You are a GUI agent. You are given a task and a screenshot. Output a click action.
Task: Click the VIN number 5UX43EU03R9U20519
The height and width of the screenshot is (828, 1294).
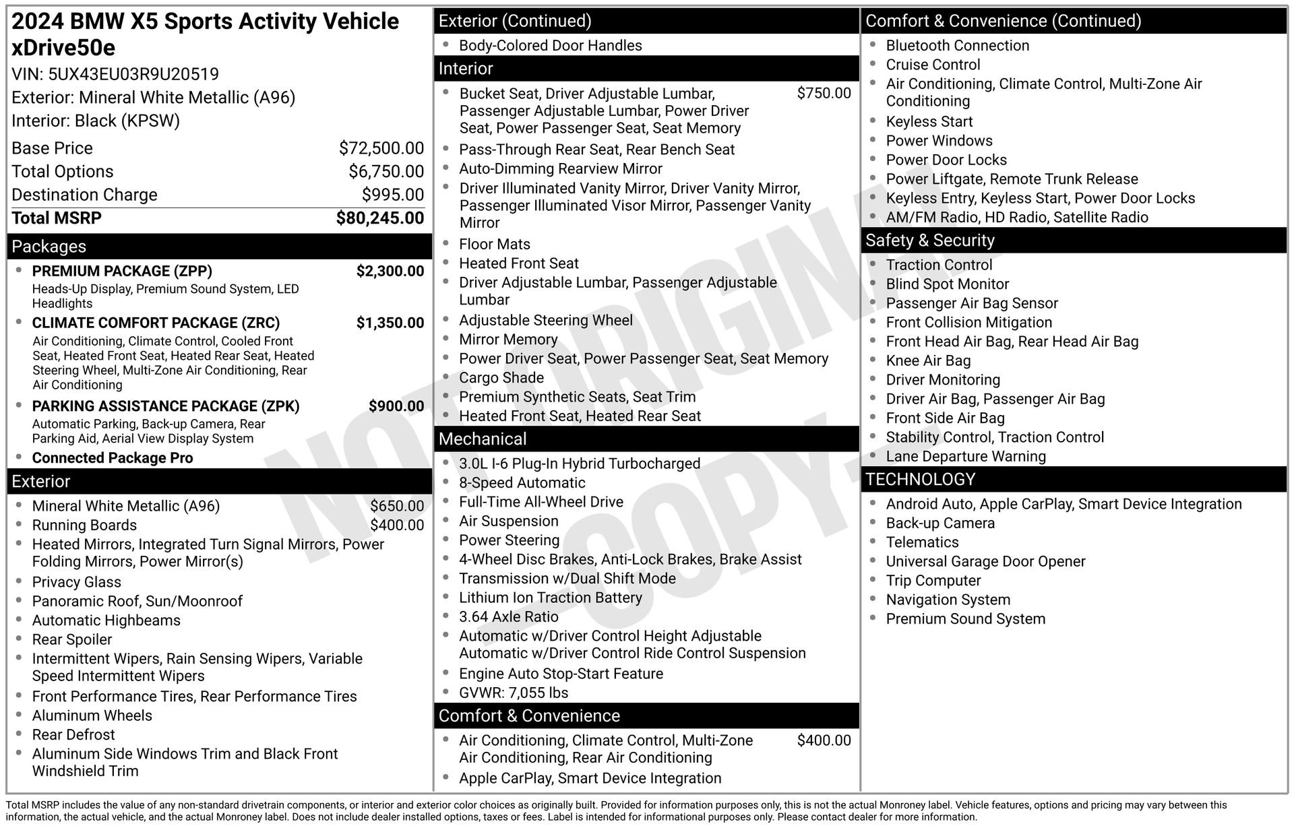(133, 74)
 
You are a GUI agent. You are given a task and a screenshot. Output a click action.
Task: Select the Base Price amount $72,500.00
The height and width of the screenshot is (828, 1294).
(381, 148)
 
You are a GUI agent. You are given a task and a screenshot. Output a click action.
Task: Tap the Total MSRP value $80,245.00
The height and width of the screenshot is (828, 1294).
(380, 218)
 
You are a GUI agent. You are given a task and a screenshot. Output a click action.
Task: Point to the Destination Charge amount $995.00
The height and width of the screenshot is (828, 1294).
(393, 195)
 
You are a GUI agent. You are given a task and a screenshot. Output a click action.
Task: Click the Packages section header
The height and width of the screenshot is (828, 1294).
(49, 247)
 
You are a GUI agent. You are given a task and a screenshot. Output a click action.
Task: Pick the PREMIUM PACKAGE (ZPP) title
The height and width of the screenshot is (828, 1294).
(122, 272)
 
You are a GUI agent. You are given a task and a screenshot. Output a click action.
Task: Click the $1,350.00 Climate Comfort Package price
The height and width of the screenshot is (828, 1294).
(390, 323)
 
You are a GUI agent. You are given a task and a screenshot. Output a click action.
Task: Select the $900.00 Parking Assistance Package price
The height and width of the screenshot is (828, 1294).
(396, 406)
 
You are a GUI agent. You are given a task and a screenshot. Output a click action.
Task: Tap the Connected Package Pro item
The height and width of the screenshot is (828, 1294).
(113, 458)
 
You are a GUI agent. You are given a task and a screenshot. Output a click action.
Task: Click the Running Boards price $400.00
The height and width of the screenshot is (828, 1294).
(397, 526)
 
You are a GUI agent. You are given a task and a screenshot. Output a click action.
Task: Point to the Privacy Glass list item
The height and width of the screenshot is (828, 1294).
(77, 582)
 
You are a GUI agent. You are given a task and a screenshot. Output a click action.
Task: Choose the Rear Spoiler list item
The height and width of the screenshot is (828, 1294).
(72, 639)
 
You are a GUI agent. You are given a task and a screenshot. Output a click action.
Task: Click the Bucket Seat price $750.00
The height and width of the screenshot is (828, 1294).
(824, 94)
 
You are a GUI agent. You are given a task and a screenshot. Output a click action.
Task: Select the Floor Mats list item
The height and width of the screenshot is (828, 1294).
(495, 245)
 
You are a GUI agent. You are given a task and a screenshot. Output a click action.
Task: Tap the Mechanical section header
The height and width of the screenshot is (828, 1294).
(483, 439)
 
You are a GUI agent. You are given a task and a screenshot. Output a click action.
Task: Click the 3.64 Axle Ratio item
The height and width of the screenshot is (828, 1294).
(509, 617)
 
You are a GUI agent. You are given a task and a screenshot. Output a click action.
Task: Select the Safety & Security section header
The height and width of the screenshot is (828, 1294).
(929, 241)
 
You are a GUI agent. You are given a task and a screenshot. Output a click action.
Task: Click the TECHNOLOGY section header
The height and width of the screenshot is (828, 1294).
(920, 480)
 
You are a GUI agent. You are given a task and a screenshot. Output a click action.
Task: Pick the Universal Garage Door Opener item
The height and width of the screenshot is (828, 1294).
(985, 562)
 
